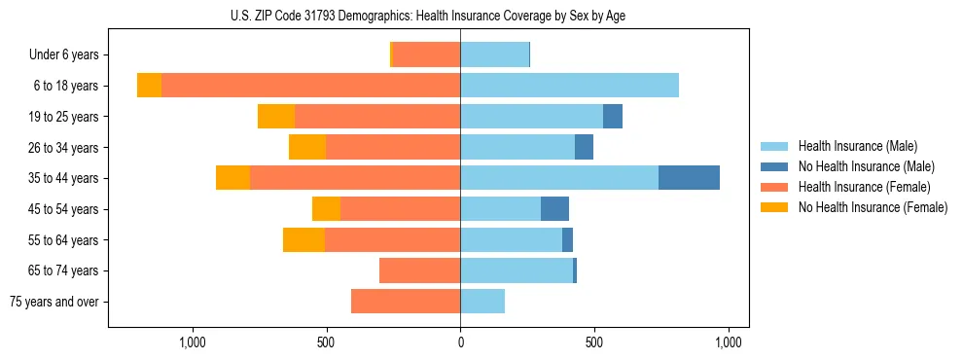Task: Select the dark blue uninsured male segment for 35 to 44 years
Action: click(689, 178)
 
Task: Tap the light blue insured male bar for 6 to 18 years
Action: click(569, 86)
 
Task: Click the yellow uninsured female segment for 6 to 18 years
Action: click(149, 86)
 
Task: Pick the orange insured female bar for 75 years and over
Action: click(406, 302)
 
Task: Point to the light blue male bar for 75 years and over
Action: click(482, 302)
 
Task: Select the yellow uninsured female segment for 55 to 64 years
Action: click(303, 240)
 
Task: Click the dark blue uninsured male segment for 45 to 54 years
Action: click(554, 209)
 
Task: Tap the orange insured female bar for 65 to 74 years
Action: click(419, 270)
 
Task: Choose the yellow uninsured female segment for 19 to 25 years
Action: click(276, 117)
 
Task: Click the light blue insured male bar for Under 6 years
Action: click(494, 54)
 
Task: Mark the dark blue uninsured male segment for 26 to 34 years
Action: click(584, 147)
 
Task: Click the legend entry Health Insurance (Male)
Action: click(857, 146)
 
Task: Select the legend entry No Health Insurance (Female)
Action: click(872, 207)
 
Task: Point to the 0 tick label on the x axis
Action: click(460, 342)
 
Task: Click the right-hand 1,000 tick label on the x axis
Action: click(729, 342)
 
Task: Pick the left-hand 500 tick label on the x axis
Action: click(326, 342)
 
